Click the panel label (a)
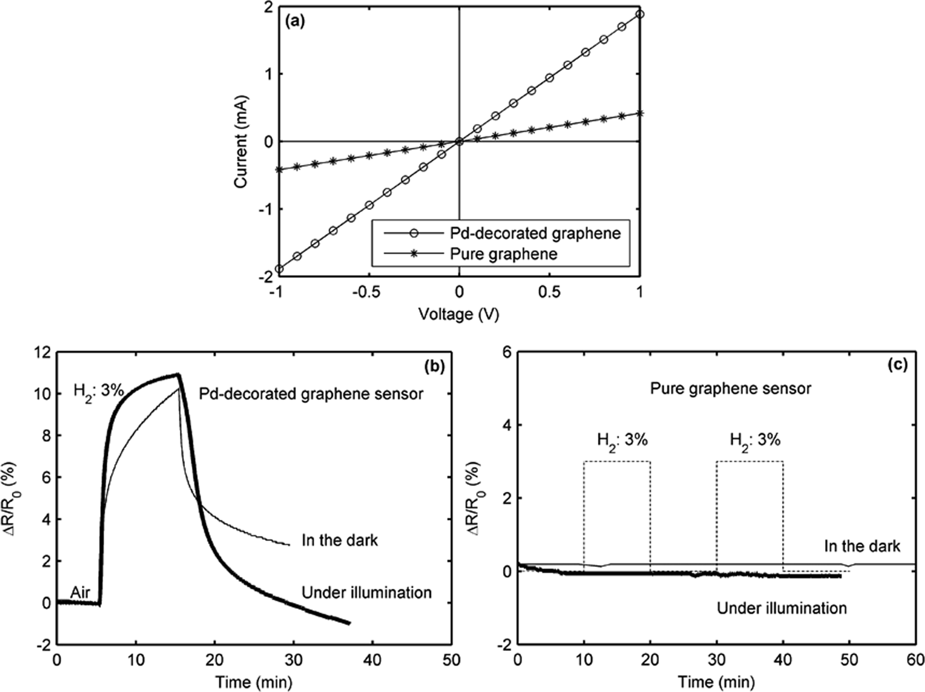click(296, 22)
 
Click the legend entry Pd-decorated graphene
click(535, 233)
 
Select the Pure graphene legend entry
click(504, 255)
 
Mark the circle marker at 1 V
click(639, 14)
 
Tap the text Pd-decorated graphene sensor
click(311, 393)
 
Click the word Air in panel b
click(81, 593)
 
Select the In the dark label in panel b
click(340, 540)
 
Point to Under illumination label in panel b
click(367, 593)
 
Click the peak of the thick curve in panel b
click(178, 374)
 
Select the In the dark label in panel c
click(862, 546)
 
